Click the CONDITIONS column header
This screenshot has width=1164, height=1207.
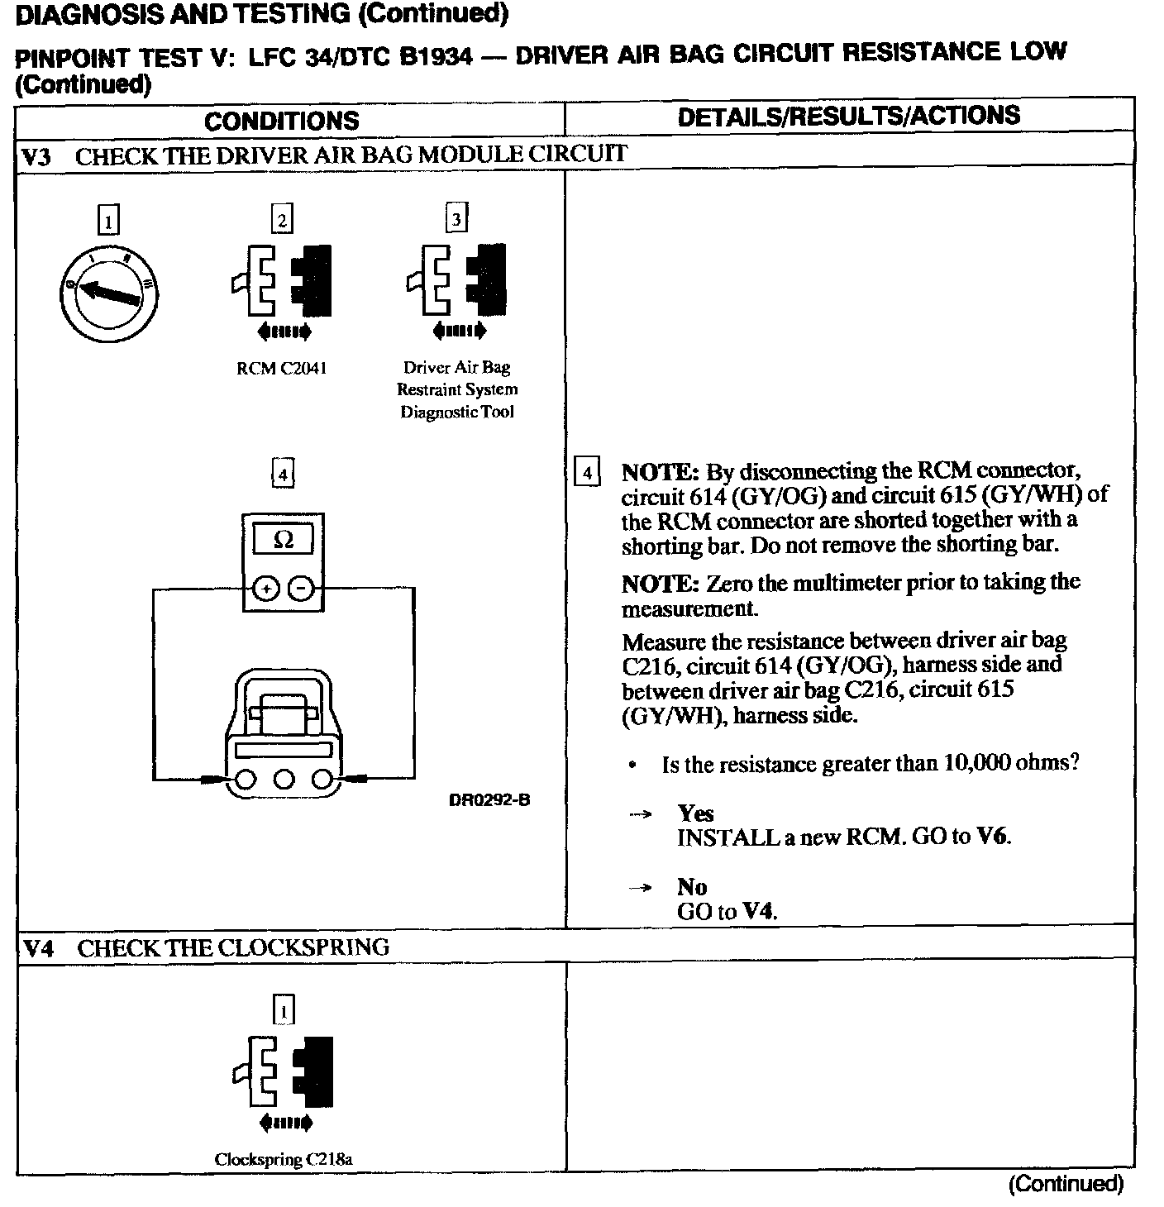282,121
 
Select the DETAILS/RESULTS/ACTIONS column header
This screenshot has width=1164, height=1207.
848,116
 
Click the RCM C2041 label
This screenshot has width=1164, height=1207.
281,369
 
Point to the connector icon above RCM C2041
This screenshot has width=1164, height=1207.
283,281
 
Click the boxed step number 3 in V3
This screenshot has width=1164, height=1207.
456,218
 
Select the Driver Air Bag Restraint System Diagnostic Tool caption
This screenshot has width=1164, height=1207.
457,389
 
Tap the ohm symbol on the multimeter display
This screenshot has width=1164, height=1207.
283,540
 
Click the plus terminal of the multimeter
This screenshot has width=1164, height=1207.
265,589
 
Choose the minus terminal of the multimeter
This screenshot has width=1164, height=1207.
302,589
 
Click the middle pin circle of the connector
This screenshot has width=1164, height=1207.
284,779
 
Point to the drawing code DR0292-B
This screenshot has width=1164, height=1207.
489,799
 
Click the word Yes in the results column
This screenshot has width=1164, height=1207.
695,813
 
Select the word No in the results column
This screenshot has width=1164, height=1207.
692,887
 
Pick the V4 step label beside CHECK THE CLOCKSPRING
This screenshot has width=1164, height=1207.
38,947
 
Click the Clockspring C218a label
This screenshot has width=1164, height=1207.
284,1159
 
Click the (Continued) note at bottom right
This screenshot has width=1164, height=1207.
1066,1184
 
